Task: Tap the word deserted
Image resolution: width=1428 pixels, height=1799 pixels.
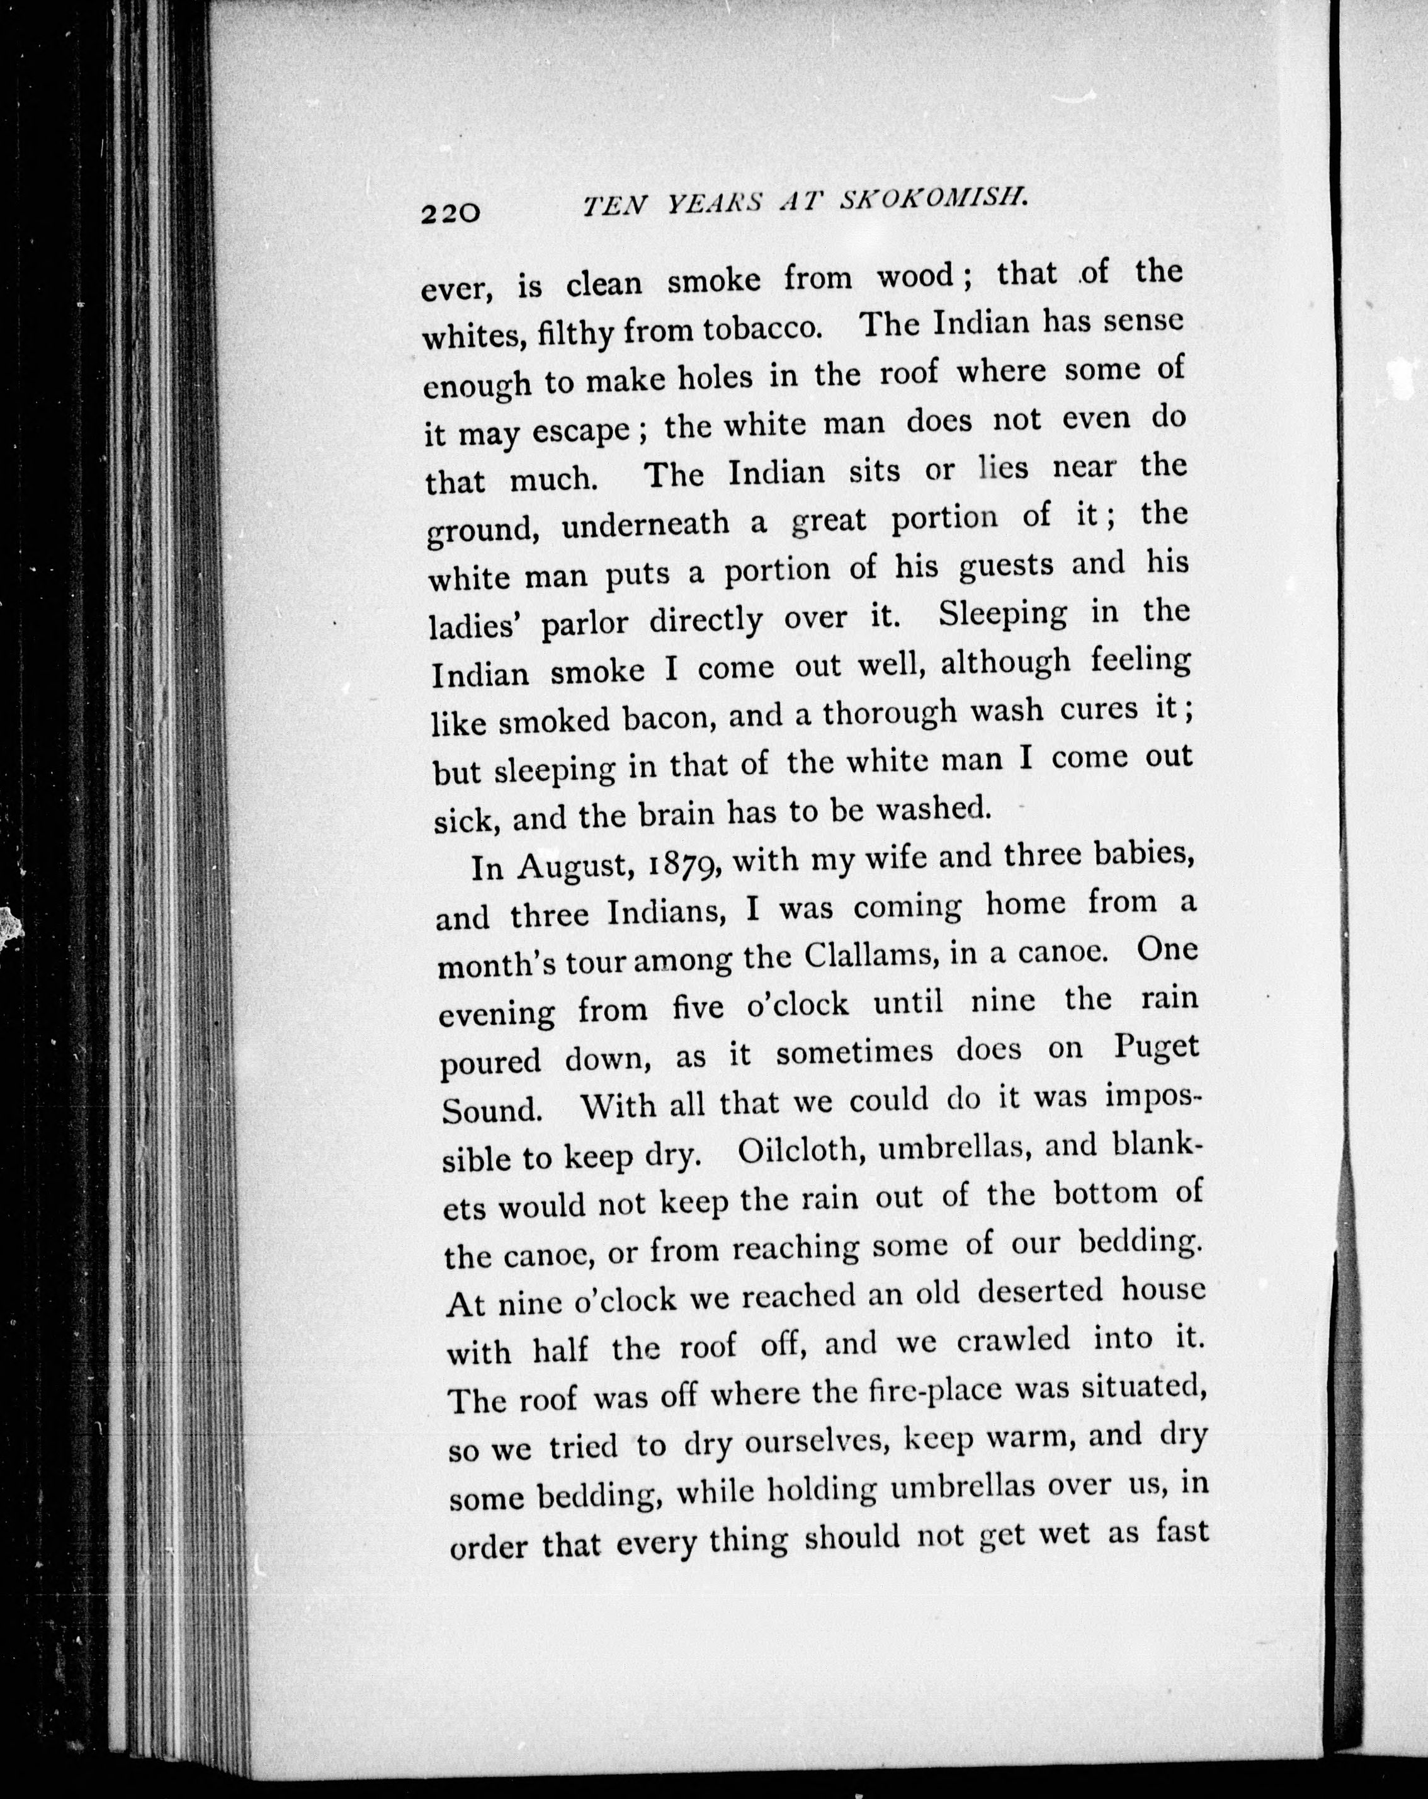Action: click(x=1040, y=1293)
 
